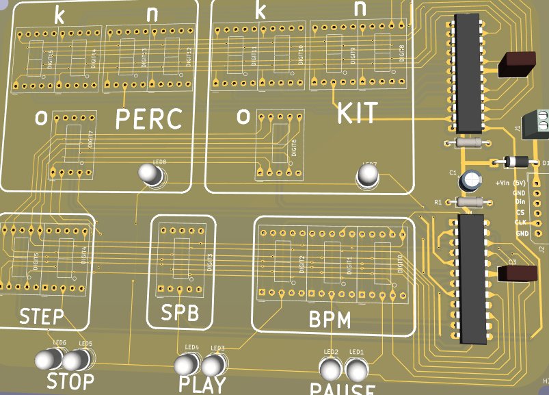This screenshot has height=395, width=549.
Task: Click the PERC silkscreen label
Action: click(x=149, y=119)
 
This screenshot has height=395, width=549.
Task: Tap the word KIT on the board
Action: click(x=357, y=113)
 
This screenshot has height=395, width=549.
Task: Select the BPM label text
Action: click(x=330, y=320)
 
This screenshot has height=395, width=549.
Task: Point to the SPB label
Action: click(x=180, y=313)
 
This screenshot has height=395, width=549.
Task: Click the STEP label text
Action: click(x=41, y=316)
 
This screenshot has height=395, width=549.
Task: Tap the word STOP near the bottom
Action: click(x=70, y=381)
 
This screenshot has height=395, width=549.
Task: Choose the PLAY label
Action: click(x=202, y=384)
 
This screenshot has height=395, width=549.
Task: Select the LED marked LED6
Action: click(x=49, y=359)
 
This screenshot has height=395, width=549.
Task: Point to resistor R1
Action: click(x=473, y=202)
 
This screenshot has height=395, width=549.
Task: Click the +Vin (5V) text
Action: click(x=510, y=183)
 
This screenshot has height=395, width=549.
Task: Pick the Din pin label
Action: click(x=520, y=203)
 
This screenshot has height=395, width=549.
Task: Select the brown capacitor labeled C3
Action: click(x=518, y=272)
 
